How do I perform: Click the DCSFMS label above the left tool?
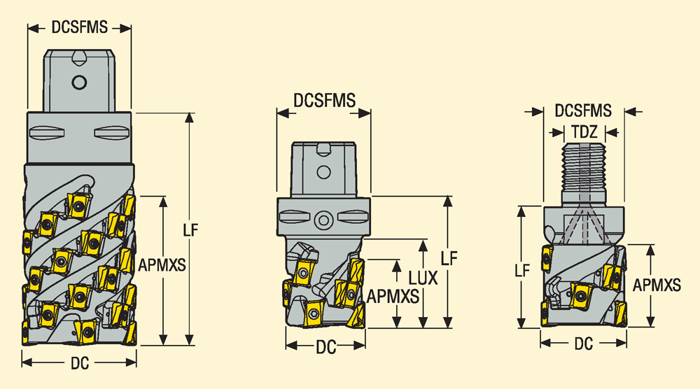[x=80, y=27]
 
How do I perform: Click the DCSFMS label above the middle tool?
[x=324, y=100]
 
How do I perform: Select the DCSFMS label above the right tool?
[x=583, y=111]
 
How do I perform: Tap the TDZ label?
[x=584, y=132]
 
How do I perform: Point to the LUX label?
[x=423, y=278]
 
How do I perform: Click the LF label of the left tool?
[x=190, y=230]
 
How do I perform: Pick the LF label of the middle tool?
[x=449, y=258]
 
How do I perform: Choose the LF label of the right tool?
[x=522, y=270]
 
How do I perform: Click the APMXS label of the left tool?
[x=162, y=265]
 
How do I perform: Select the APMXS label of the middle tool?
[x=393, y=296]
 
